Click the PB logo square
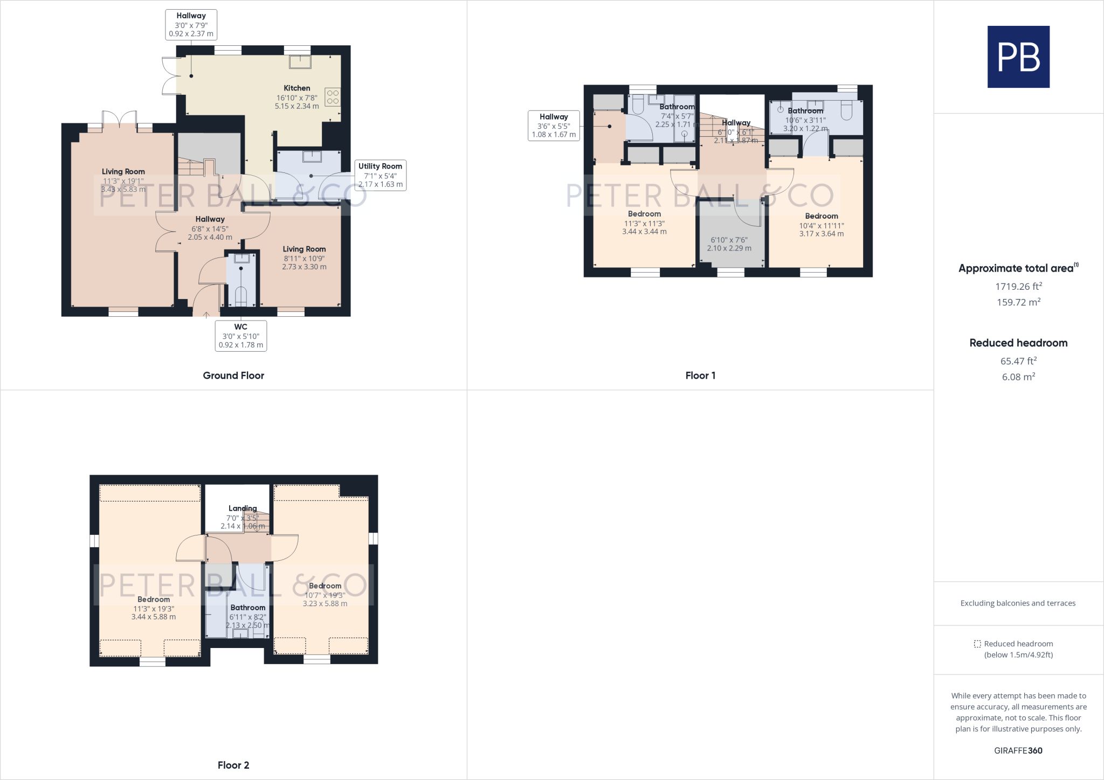click(x=1018, y=57)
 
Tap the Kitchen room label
click(x=297, y=88)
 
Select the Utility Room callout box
click(x=380, y=175)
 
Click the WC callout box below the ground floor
click(x=241, y=336)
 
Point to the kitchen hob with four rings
click(x=333, y=97)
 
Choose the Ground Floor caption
click(x=233, y=375)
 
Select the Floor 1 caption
click(x=700, y=375)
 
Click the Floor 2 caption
click(x=233, y=765)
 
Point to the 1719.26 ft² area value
click(x=1018, y=286)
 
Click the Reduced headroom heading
click(x=1018, y=343)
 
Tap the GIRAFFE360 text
click(x=1018, y=750)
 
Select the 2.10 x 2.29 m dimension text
click(x=729, y=248)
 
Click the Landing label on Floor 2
click(x=243, y=509)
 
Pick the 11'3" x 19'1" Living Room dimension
click(x=123, y=181)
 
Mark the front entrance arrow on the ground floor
click(x=206, y=314)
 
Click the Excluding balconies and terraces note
click(x=1018, y=603)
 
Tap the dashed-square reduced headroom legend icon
click(x=977, y=644)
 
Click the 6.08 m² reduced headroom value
click(x=1018, y=377)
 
